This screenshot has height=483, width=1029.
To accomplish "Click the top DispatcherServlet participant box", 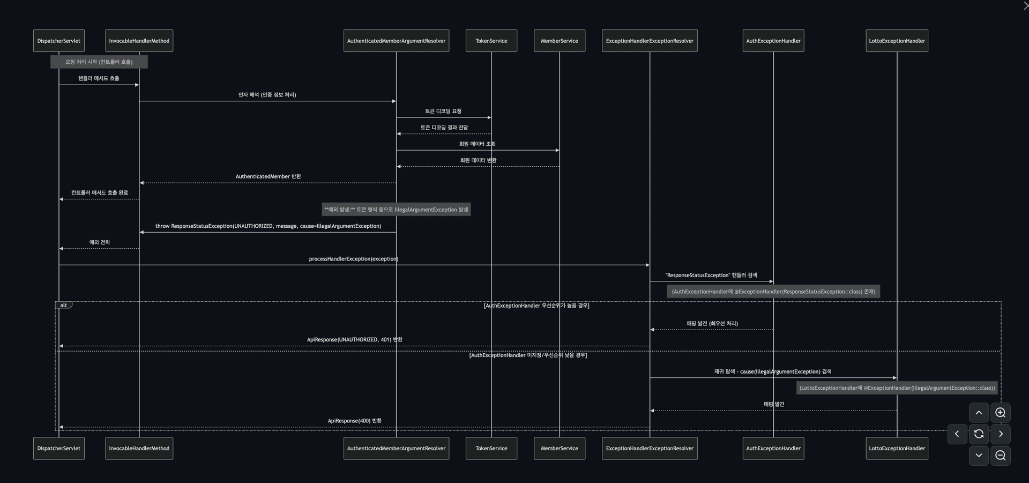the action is [59, 41].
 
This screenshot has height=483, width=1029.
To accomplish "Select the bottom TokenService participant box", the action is [491, 448].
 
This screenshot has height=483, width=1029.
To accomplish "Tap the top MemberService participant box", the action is [560, 41].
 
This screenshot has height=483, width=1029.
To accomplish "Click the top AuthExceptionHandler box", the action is [773, 41].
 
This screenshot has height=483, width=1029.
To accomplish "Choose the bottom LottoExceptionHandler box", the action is [897, 448].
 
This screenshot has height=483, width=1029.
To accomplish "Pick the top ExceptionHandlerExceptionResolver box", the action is [650, 41].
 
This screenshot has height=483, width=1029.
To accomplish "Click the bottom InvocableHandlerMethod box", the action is [139, 448].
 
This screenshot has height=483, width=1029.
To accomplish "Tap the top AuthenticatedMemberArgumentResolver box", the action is [396, 41].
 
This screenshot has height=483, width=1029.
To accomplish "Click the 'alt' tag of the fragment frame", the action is [63, 305].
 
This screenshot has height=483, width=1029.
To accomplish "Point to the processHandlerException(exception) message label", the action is [354, 259].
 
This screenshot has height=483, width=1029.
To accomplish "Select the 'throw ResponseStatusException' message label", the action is [268, 226].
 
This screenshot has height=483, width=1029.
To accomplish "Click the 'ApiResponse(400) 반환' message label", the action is [355, 421].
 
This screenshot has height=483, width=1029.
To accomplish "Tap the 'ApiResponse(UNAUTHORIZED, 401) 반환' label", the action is [355, 340].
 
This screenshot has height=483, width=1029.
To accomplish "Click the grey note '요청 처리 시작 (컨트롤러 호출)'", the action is [99, 62].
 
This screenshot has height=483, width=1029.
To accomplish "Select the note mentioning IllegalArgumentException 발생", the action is [396, 210].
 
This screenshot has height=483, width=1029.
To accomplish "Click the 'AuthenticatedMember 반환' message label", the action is [268, 176].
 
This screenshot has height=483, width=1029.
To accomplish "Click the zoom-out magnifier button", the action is [1000, 456].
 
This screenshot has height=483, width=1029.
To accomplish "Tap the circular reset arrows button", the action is [979, 434].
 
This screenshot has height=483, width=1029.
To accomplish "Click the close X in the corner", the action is [1025, 5].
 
